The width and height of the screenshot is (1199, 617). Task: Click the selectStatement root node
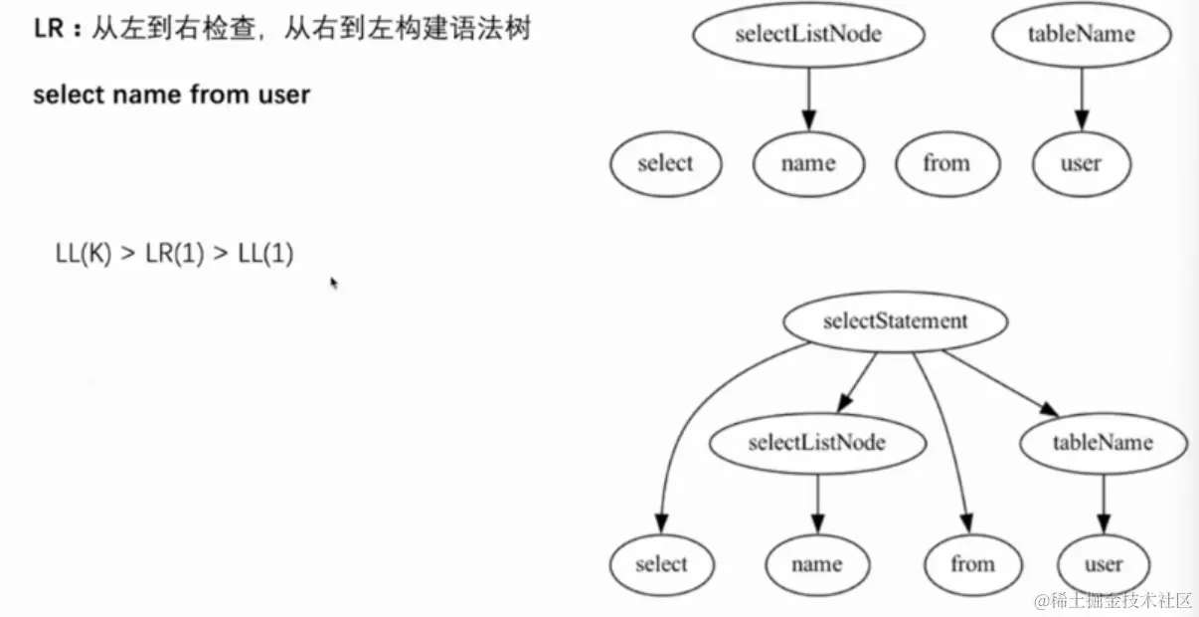point(895,321)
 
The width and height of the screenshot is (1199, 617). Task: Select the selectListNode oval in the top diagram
point(808,34)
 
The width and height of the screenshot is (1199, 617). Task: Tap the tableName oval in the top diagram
point(1081,34)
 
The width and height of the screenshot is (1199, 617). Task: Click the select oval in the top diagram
point(665,163)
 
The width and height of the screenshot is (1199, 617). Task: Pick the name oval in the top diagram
point(808,163)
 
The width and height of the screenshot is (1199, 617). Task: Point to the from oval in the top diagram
point(945,163)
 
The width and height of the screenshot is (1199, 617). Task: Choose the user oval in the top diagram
point(1081,163)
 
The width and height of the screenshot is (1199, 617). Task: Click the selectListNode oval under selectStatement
point(816,442)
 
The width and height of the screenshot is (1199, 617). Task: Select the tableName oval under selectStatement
point(1103,442)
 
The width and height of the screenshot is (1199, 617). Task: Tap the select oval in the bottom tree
point(661,564)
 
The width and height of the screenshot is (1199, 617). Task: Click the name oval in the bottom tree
point(816,564)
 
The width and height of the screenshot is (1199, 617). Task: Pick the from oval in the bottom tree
point(971,564)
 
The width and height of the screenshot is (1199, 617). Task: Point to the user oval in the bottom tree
point(1103,564)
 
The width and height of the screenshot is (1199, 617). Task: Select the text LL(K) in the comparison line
point(84,254)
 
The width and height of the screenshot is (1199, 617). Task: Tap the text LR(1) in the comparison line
point(174,254)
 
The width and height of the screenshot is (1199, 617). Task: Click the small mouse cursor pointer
point(334,283)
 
